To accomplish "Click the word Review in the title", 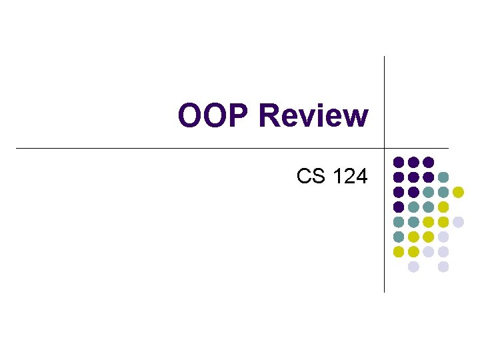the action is tap(313, 116).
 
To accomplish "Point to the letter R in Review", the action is tap(269, 116).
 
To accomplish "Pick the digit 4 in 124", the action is tap(361, 176).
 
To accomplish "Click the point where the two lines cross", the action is tap(385, 147).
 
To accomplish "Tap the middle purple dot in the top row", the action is tap(413, 162).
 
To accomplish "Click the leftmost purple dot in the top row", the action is tap(399, 162).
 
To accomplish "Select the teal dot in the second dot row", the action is tap(443, 177).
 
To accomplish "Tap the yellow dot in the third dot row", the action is tap(458, 192).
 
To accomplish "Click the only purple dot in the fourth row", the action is tap(399, 207).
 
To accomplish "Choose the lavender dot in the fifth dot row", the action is tap(458, 222).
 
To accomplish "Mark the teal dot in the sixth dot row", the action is tap(399, 237).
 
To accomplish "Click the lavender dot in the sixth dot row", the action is tap(443, 237).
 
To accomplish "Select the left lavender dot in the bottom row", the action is tap(413, 267).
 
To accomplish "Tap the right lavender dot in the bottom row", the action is tap(443, 267).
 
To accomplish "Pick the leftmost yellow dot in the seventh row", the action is tap(399, 252).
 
